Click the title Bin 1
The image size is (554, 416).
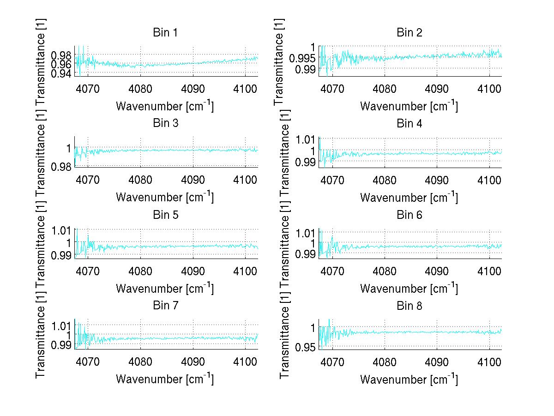tap(165, 33)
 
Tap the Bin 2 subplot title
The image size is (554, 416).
tap(409, 33)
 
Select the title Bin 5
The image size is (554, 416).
tap(165, 215)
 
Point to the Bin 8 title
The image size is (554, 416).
tap(409, 306)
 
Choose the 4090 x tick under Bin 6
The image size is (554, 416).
tap(437, 271)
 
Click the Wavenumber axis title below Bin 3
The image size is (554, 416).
tap(165, 197)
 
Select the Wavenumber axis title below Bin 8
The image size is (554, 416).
tap(409, 379)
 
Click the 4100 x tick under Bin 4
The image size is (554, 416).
tap(489, 180)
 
